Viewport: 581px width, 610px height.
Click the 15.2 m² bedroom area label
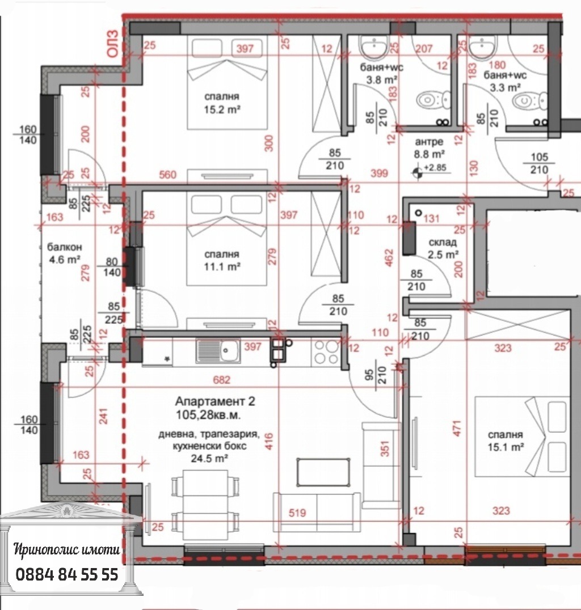tap(222, 103)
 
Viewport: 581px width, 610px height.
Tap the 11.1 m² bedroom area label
tap(222, 261)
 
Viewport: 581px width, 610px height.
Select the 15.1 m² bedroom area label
tap(506, 441)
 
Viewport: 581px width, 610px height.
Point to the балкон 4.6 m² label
tap(65, 253)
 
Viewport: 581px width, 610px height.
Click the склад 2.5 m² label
tap(443, 248)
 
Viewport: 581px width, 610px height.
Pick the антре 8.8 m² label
tap(429, 148)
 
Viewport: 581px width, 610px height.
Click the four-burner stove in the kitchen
tap(326, 351)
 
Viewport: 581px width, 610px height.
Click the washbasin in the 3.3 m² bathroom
tap(482, 46)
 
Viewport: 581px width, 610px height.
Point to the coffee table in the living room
tap(323, 472)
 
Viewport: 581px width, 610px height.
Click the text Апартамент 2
tap(215, 401)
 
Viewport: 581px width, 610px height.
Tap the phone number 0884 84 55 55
tap(66, 574)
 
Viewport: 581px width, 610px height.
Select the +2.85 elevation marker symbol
tap(418, 172)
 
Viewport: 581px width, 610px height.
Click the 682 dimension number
tap(221, 380)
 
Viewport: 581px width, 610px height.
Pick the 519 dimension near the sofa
tap(297, 512)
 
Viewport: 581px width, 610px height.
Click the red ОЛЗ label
tap(112, 44)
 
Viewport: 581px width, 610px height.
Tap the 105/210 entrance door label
tap(540, 163)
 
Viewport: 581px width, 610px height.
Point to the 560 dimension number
tap(167, 175)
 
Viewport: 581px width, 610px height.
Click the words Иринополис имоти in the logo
tap(66, 549)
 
